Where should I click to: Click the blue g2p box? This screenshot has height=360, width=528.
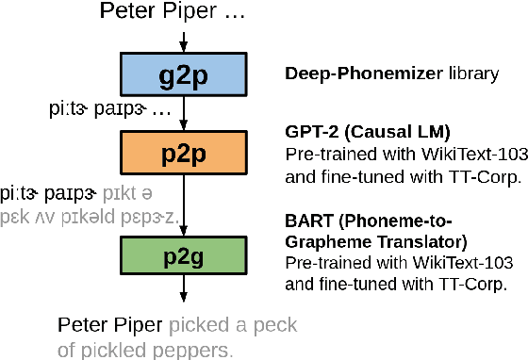tap(184, 73)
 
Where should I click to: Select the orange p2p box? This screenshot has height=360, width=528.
tap(184, 150)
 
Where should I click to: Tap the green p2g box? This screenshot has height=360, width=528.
tap(184, 255)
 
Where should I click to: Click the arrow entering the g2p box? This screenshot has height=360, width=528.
tap(184, 41)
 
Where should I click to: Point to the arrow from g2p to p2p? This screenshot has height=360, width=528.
tap(184, 111)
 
